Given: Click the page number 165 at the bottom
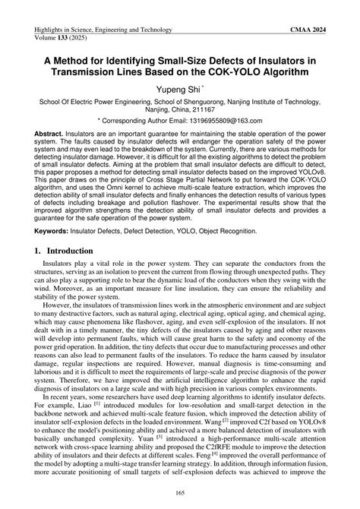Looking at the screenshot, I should (x=180, y=493).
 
